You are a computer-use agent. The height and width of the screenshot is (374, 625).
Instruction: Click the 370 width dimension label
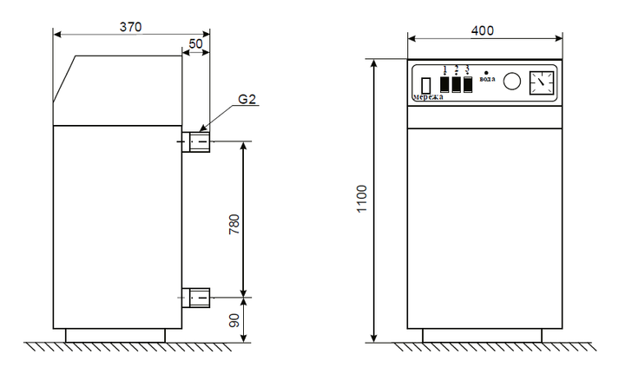131,27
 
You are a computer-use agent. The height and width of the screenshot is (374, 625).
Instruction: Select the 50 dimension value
195,43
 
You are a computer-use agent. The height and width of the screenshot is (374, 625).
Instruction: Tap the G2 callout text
247,99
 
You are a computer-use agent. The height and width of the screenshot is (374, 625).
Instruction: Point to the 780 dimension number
234,224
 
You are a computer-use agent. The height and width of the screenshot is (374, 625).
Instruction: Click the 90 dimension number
234,320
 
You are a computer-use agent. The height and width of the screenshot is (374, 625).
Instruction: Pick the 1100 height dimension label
362,199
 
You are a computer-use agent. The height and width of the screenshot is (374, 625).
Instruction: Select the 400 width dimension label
483,30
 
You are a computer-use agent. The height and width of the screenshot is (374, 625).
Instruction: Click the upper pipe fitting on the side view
196,141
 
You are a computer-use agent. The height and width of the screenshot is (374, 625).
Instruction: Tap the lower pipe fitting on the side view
196,298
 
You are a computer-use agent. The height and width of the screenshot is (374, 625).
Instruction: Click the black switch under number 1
444,84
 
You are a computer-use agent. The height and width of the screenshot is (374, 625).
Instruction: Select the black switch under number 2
457,84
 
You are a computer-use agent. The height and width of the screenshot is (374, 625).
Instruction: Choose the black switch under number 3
468,84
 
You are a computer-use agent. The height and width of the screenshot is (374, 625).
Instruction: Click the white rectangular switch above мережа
426,86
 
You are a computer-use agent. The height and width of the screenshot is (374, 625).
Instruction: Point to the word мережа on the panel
428,97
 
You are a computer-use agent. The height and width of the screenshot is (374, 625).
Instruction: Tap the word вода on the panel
488,79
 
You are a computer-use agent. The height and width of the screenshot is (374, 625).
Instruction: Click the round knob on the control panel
512,82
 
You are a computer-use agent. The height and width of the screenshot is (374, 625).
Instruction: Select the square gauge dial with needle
542,82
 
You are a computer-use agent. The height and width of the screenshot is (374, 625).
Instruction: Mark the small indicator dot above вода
486,73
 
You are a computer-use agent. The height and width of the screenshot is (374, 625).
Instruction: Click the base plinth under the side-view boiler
115,335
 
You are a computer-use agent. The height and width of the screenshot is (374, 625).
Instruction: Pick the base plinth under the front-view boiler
483,335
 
